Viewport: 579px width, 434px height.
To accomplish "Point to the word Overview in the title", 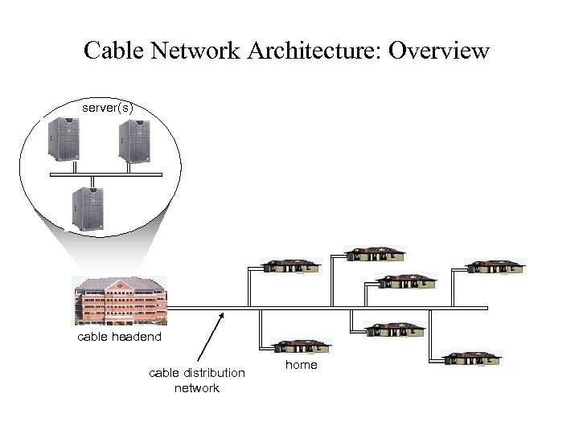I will coord(439,51).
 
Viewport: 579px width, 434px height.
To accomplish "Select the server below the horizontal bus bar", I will coord(87,208).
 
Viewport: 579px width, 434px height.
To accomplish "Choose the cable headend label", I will coord(119,337).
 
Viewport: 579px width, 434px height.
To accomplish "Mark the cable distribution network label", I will coord(197,380).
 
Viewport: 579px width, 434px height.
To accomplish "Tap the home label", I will coord(302,365).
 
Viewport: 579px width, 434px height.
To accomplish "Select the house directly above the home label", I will coord(301,346).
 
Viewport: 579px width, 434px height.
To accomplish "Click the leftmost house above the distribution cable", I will coord(293,267).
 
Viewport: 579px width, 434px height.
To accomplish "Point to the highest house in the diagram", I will coord(375,254).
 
